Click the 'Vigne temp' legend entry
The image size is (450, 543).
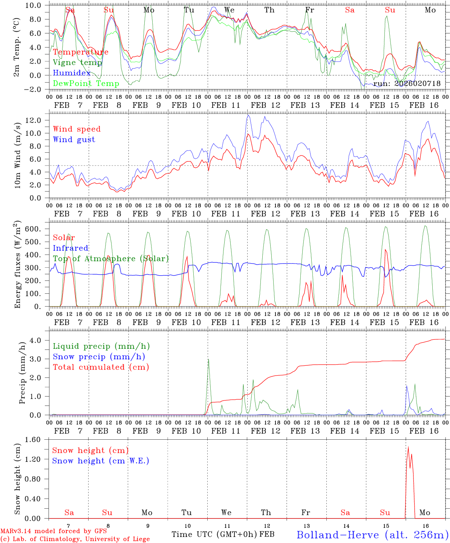[77, 63]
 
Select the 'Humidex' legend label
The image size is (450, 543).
[72, 73]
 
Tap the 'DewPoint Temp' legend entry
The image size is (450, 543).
[86, 83]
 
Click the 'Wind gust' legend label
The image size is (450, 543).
[74, 140]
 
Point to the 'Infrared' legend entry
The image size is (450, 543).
[70, 248]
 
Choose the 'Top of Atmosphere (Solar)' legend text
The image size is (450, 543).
[111, 259]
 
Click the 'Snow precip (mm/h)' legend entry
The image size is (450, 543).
[99, 357]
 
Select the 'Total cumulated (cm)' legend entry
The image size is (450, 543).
[101, 367]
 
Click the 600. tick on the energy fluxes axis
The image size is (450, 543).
[33, 229]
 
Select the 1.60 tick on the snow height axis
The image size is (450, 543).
[33, 439]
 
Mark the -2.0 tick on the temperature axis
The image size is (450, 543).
[35, 89]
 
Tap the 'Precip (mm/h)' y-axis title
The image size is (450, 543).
[22, 373]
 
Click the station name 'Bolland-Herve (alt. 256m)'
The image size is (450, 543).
[372, 535]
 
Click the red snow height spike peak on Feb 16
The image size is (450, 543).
[408, 447]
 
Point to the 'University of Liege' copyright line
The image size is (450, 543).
[75, 539]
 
